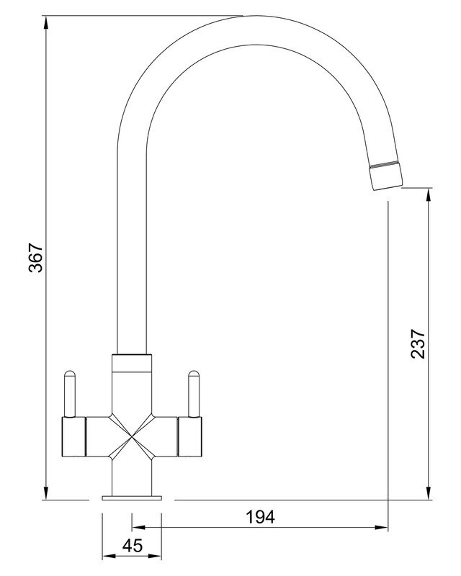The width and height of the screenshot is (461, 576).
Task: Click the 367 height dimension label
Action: pyautogui.click(x=36, y=257)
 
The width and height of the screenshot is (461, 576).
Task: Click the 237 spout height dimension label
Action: pyautogui.click(x=419, y=343)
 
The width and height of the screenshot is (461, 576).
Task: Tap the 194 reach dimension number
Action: pyautogui.click(x=260, y=517)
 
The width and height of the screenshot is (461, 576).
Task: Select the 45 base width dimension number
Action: pyautogui.click(x=133, y=546)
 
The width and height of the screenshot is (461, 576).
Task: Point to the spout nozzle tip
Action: pyautogui.click(x=386, y=177)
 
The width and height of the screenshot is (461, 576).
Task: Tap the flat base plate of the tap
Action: pyautogui.click(x=132, y=498)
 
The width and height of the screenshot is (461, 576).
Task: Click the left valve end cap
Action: pyautogui.click(x=73, y=437)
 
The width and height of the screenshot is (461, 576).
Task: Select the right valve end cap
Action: pyautogui.click(x=189, y=437)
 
